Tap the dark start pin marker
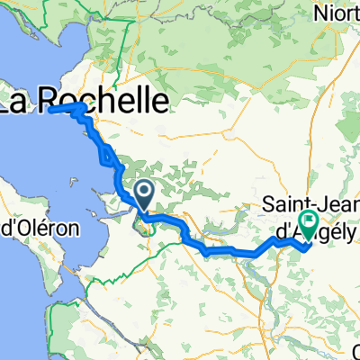click(x=145, y=191)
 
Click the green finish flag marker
click(x=309, y=221)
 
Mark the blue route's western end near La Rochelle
click(x=50, y=109)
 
